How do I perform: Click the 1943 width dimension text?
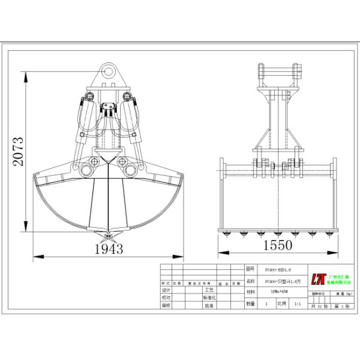click(x=108, y=248)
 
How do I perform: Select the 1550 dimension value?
click(x=277, y=245)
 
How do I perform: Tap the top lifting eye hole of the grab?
click(x=109, y=70)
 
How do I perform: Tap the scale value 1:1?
click(x=297, y=304)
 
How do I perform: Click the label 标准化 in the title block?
click(x=209, y=297)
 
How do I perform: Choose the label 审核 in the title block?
click(x=167, y=305)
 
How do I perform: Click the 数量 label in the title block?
click(x=250, y=304)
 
